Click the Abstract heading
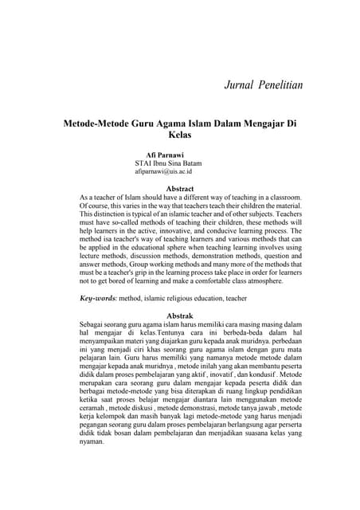click(179, 189)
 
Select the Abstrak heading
click(179, 316)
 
